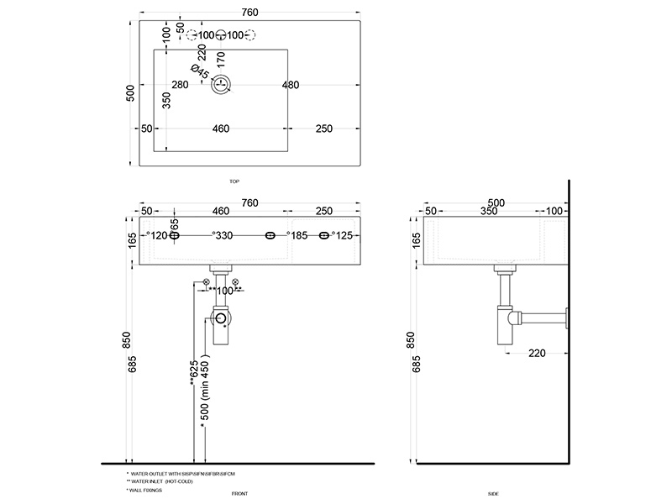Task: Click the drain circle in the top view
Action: coord(222,84)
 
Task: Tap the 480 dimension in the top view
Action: coord(291,85)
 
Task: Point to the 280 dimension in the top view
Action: coord(180,85)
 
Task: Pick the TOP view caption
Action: coord(234,181)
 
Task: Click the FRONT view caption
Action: coord(239,493)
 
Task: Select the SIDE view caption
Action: coord(493,493)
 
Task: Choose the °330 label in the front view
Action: coord(222,237)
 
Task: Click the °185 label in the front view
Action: coord(298,237)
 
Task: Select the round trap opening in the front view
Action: coord(220,318)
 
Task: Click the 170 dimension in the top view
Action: coord(220,60)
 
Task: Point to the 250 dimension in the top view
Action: coord(326,129)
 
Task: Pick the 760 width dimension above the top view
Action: coord(249,12)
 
